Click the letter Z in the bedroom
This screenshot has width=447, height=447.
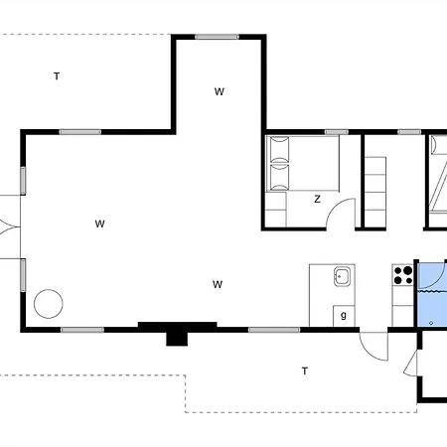coord(317,199)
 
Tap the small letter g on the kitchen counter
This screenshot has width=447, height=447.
coord(344,315)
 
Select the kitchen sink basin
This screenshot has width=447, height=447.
coord(342,276)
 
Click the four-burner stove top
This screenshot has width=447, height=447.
coord(402,275)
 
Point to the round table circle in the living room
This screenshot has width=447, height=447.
coord(49,304)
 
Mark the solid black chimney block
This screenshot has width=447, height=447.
coord(177,334)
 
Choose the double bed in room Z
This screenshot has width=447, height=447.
coord(303,163)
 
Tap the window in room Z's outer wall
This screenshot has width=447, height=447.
coord(337,132)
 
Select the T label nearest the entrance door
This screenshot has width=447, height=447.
coord(305,372)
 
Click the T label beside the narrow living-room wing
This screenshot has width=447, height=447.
coord(57,76)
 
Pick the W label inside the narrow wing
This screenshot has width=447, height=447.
coord(220,91)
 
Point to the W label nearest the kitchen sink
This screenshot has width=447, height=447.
coord(218,284)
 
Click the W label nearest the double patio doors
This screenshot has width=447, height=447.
coord(99,224)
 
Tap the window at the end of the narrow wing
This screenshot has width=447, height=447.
coord(217,37)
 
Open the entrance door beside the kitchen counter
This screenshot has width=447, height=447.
coord(374,346)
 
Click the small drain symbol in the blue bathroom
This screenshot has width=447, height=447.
coord(431,323)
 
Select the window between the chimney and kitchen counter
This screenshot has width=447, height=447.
coord(274,330)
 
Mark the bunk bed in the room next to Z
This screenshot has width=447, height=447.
coord(375,188)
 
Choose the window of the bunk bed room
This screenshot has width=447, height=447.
coord(409,132)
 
